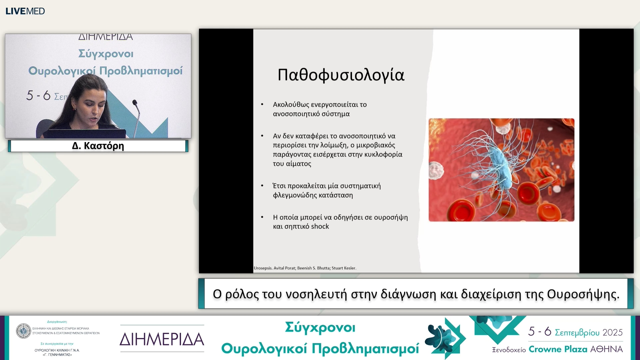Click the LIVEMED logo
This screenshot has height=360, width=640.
coord(25,11)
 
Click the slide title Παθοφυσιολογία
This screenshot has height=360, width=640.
coord(341,75)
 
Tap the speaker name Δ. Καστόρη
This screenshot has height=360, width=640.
coord(98,146)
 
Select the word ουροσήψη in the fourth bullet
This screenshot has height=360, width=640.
coord(391,217)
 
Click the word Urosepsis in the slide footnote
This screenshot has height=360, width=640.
coord(263,268)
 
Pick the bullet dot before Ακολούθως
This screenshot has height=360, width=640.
coord(262,104)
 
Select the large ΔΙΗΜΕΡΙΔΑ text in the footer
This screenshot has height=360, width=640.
coord(162,339)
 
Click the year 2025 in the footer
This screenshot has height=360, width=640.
coord(612,332)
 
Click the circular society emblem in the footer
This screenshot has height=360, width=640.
coord(23,331)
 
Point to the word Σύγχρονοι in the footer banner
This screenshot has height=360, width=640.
coord(320,328)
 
